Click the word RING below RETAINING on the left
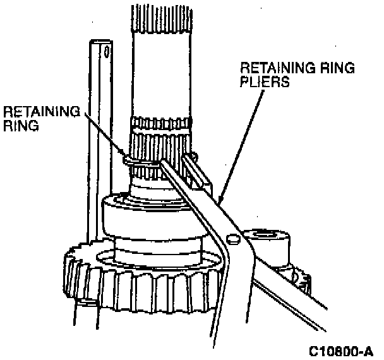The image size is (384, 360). pyautogui.click(x=21, y=126)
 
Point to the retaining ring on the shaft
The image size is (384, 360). pyautogui.click(x=136, y=162)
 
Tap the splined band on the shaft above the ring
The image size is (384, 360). pyautogui.click(x=160, y=129)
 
